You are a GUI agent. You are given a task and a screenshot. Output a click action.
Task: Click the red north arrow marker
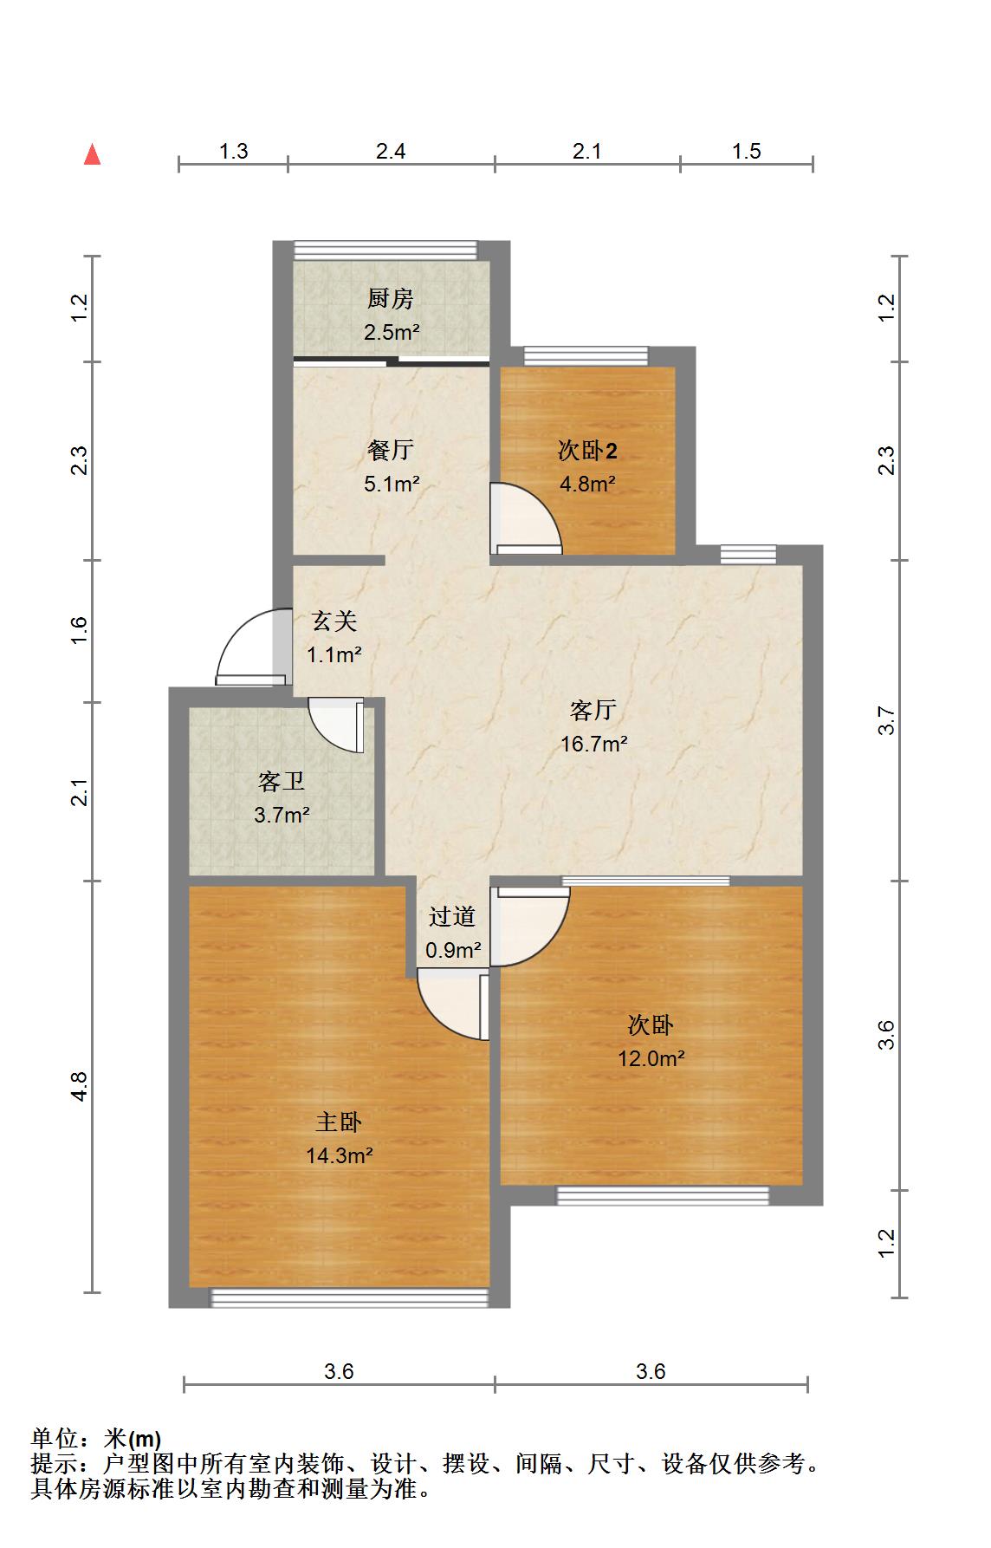coord(93,155)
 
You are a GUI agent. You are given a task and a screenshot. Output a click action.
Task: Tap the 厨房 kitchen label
coord(390,299)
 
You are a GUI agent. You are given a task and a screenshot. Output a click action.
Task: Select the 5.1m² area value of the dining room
coord(392,484)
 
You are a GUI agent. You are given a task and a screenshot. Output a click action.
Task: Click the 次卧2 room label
coord(587,451)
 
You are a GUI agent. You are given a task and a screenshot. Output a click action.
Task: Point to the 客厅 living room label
coord(593,711)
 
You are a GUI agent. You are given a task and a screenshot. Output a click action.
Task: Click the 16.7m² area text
coord(594,744)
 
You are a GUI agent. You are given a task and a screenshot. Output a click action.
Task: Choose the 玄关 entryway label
coord(334,621)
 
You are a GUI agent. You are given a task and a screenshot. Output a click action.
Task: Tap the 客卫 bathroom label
coord(282,782)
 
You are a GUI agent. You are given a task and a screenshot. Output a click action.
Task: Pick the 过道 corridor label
coord(452,916)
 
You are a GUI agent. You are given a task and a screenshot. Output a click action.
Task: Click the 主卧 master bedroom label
coord(338,1122)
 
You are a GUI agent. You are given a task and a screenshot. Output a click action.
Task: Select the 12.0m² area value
coord(651,1058)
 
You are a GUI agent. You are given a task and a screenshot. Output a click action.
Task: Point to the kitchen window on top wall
coord(385,250)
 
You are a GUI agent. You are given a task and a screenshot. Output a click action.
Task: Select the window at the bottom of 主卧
coord(350,1298)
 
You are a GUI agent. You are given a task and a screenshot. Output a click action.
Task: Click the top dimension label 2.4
coord(391,152)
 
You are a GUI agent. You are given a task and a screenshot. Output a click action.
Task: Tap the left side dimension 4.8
coord(79,1087)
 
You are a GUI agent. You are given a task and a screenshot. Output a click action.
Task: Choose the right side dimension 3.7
coord(885,721)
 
